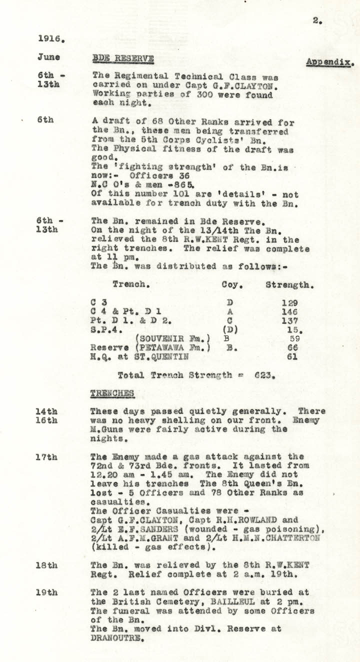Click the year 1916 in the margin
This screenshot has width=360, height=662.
coord(50,38)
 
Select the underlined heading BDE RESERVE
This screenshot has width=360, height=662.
coord(123,59)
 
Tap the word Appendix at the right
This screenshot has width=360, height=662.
coord(329,62)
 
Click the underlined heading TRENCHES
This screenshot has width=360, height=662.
coord(112,393)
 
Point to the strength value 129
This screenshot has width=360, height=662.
coord(289,302)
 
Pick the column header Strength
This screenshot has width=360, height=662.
coord(289,285)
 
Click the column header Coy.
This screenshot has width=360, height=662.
coord(232,285)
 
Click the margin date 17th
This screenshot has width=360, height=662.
coord(47,456)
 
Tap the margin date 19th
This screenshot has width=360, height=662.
coord(47,592)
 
